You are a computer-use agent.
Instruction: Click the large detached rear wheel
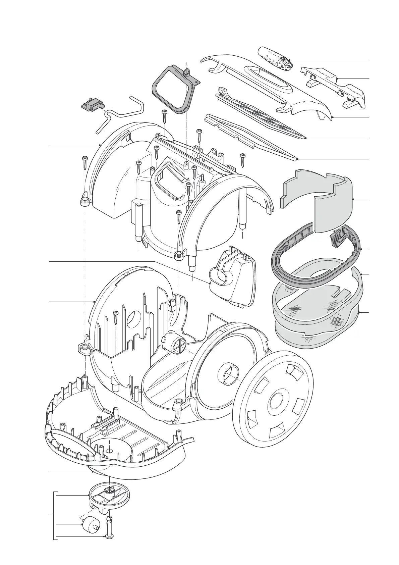(x=272, y=399)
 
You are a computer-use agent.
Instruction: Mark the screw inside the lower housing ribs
(x=116, y=317)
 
